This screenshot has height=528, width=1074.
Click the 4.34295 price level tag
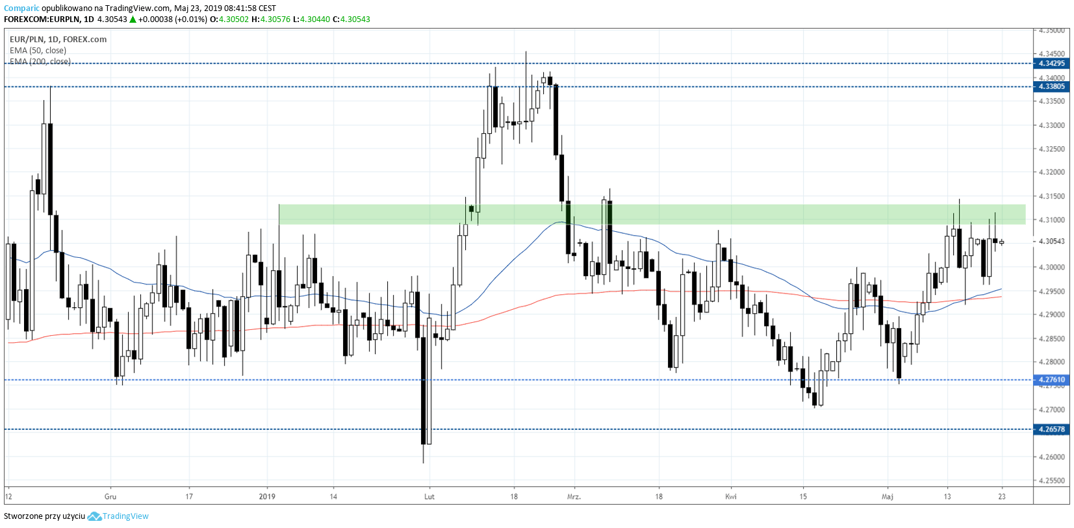coord(1051,64)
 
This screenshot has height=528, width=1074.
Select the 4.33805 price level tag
coord(1051,86)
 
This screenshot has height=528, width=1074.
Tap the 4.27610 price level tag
coord(1051,380)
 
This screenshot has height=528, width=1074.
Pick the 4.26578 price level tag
coord(1051,429)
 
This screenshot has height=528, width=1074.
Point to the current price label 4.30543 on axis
coord(1052,242)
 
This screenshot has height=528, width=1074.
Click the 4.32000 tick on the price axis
coord(1052,173)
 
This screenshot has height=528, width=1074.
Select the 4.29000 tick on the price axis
coord(1052,315)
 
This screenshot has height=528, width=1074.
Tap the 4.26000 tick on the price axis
coord(1052,457)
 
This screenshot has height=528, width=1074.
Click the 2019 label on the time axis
coord(267,497)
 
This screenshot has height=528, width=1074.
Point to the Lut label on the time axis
coord(429,497)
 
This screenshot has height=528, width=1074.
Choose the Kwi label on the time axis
coord(731,497)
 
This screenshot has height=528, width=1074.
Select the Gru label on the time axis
coord(110,497)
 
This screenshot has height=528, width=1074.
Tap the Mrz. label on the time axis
coord(574,497)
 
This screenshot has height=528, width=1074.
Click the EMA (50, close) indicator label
coord(38,51)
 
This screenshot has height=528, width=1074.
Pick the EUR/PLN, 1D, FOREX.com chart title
coord(58,40)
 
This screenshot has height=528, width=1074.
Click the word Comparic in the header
coord(21,8)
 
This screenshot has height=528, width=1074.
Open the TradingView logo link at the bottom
coord(118,516)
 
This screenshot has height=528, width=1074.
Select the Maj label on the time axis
coord(888,497)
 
